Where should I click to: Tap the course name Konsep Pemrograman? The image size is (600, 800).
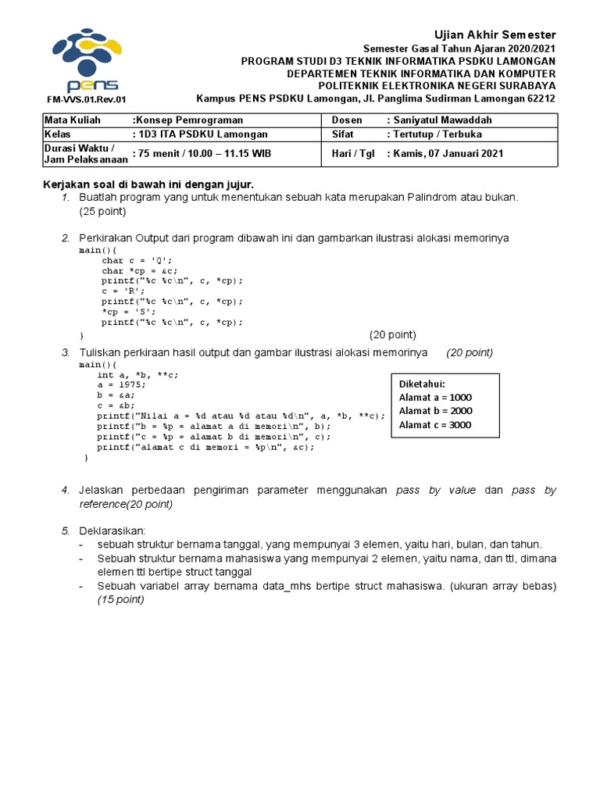188,120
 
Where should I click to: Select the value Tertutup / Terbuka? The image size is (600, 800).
437,134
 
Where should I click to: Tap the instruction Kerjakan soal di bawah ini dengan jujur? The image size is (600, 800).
148,184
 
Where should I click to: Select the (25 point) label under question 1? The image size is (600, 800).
102,212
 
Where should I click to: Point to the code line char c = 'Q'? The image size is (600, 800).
136,260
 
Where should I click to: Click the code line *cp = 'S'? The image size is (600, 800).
129,311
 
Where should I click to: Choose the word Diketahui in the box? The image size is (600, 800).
422,384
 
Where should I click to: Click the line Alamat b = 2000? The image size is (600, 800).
435,411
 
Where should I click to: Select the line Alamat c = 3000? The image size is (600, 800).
435,425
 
